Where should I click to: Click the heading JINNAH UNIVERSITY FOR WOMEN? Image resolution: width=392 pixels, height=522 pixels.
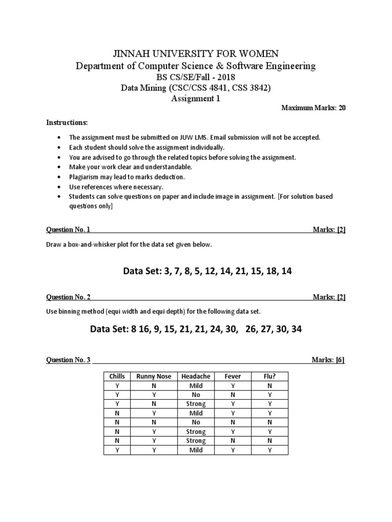[x=195, y=54]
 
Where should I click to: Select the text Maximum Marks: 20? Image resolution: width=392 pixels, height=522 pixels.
[x=314, y=109]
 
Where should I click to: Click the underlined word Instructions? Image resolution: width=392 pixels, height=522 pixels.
[x=67, y=123]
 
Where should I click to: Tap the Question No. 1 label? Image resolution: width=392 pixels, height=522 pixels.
[x=68, y=230]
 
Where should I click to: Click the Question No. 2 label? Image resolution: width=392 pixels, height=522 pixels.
[x=68, y=297]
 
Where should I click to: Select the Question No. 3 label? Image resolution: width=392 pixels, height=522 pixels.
[x=68, y=360]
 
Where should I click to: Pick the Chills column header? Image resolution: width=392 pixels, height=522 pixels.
[x=117, y=376]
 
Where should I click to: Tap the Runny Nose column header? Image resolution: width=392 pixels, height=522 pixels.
[x=154, y=376]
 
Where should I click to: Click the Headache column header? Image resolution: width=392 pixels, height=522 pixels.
[x=196, y=376]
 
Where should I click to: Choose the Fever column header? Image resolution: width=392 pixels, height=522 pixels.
[x=233, y=376]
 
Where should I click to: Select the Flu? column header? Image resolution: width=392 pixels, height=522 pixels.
[x=269, y=376]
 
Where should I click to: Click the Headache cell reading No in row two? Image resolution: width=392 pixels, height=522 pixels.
[x=196, y=395]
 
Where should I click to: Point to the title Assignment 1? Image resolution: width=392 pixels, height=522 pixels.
[x=195, y=99]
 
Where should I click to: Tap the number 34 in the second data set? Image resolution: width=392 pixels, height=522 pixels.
[x=297, y=329]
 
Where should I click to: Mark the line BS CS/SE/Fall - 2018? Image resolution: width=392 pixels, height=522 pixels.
[x=195, y=77]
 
